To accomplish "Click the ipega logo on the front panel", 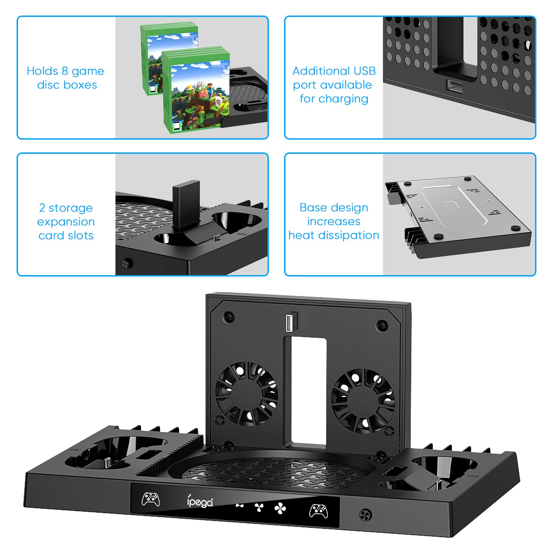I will click(200, 502).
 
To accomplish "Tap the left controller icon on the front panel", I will click(151, 499).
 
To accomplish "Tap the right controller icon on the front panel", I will click(318, 511).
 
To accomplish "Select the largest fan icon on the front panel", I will click(280, 509).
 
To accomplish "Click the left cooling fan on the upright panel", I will click(246, 394).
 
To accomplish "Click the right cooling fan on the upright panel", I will click(363, 401).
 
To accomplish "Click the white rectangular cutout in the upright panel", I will click(309, 391).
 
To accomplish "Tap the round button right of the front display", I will click(365, 515).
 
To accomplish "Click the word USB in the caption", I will click(364, 71).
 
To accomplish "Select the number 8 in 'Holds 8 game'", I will click(65, 71).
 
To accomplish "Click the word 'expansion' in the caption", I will click(66, 222).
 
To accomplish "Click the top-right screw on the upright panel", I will click(382, 325).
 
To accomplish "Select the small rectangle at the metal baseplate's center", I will click(450, 205).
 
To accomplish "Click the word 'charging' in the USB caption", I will click(343, 99).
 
